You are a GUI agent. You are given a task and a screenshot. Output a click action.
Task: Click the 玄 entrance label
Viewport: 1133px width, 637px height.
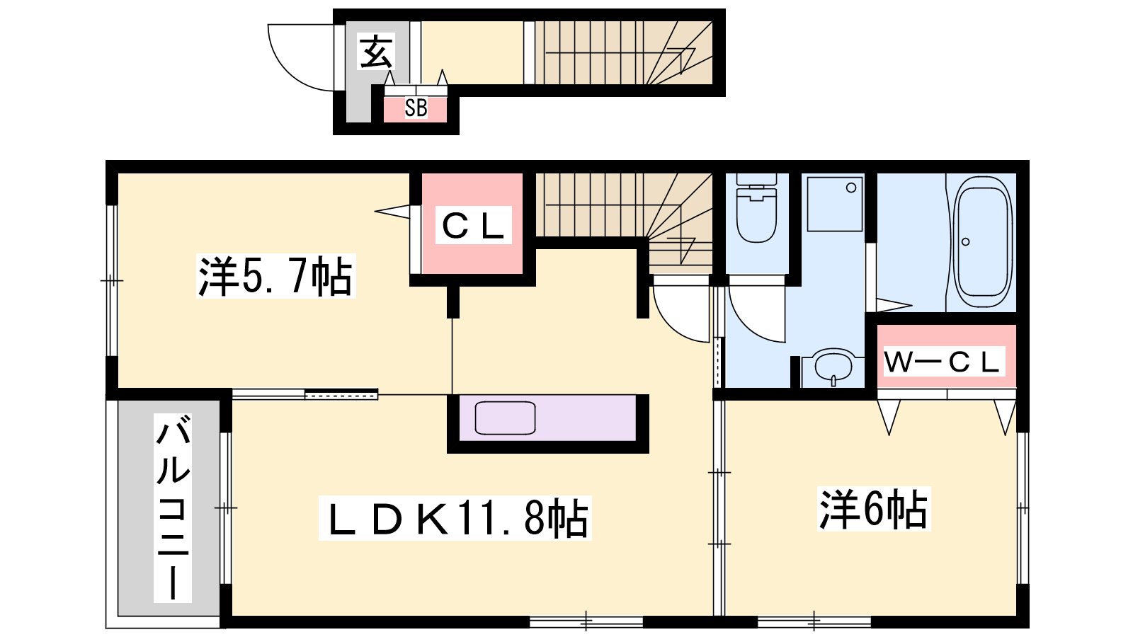pos(376,52)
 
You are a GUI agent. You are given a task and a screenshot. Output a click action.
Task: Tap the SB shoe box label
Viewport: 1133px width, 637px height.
pos(416,108)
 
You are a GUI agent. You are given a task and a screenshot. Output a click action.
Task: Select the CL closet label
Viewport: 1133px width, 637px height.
pos(474,226)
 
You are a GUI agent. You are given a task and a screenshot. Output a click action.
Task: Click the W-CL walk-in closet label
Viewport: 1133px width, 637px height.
pos(944,361)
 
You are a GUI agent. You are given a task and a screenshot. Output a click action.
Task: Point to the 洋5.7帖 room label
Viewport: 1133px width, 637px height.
pos(275,276)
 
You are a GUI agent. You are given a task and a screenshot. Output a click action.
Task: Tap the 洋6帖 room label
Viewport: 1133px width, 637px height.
pos(874,509)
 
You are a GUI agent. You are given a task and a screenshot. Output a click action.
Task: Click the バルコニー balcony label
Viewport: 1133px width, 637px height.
pos(173,507)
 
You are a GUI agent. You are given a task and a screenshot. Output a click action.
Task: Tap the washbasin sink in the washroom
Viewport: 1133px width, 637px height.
pos(833,367)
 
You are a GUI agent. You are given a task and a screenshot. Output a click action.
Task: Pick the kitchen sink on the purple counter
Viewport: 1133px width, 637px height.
pos(505,418)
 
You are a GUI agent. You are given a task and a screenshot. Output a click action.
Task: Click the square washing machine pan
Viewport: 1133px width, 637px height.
pos(835,204)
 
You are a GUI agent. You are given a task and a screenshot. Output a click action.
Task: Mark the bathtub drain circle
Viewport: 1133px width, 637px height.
pos(965,241)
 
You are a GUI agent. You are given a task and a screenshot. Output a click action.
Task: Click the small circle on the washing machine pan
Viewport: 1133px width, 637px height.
pos(850,188)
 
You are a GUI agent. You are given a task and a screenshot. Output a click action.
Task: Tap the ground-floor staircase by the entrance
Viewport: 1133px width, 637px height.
pos(624,52)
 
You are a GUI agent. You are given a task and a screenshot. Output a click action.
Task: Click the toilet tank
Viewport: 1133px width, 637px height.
pos(756,179)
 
